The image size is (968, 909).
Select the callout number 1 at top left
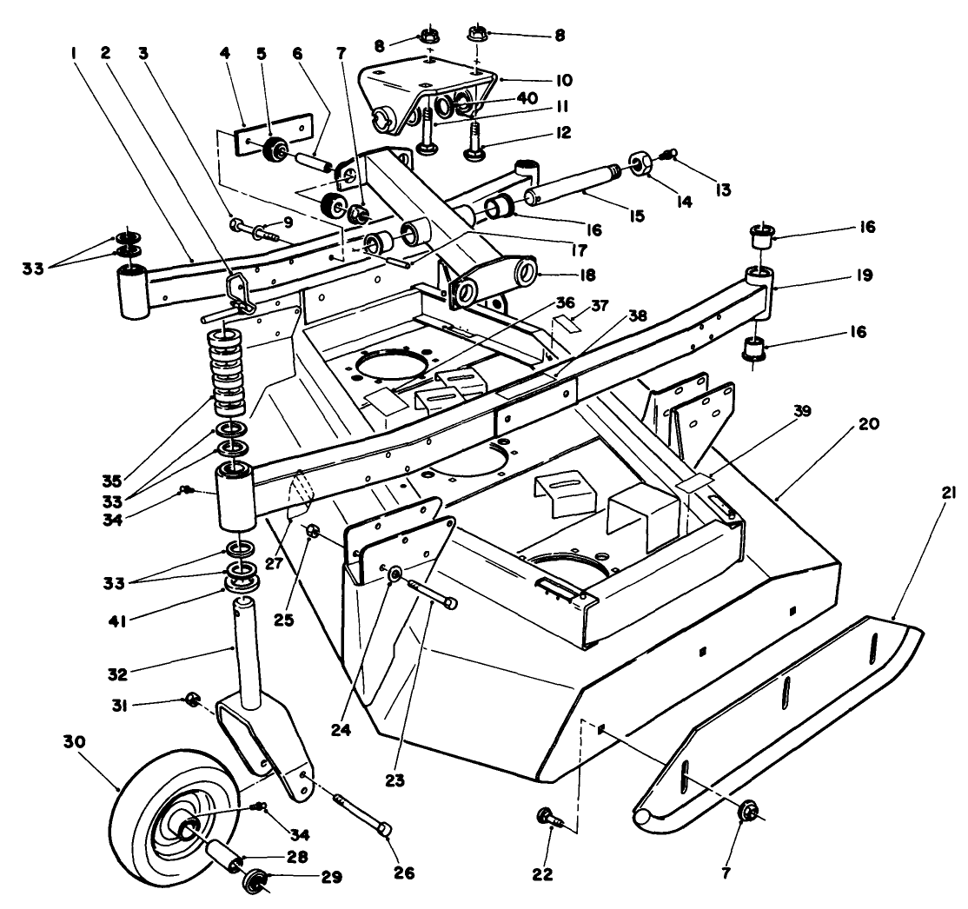click(x=75, y=52)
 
